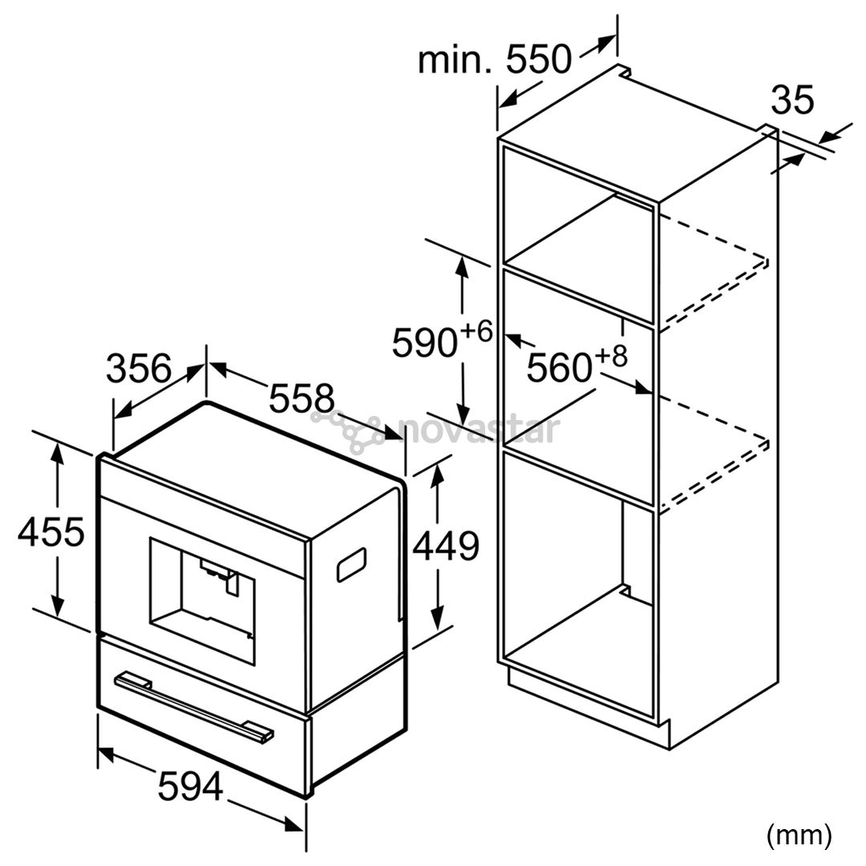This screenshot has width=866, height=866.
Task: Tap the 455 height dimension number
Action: click(x=51, y=532)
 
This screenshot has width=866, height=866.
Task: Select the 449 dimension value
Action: click(x=447, y=546)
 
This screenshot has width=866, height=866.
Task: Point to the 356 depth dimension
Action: click(x=139, y=368)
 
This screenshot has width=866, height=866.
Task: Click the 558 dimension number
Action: click(x=301, y=397)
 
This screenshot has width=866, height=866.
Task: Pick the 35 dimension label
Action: click(x=792, y=99)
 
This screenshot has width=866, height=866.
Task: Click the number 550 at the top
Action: click(x=539, y=59)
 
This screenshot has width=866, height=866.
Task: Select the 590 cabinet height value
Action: click(x=425, y=343)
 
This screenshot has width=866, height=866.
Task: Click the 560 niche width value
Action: click(x=560, y=367)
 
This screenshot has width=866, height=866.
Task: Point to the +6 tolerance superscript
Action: click(x=475, y=332)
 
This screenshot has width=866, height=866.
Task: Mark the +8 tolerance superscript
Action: click(x=611, y=356)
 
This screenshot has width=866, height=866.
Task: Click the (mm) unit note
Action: click(x=799, y=836)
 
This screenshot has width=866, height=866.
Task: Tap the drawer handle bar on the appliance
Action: click(x=193, y=706)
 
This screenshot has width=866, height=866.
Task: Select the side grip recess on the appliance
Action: click(x=352, y=565)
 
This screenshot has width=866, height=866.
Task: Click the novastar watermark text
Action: click(x=479, y=429)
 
